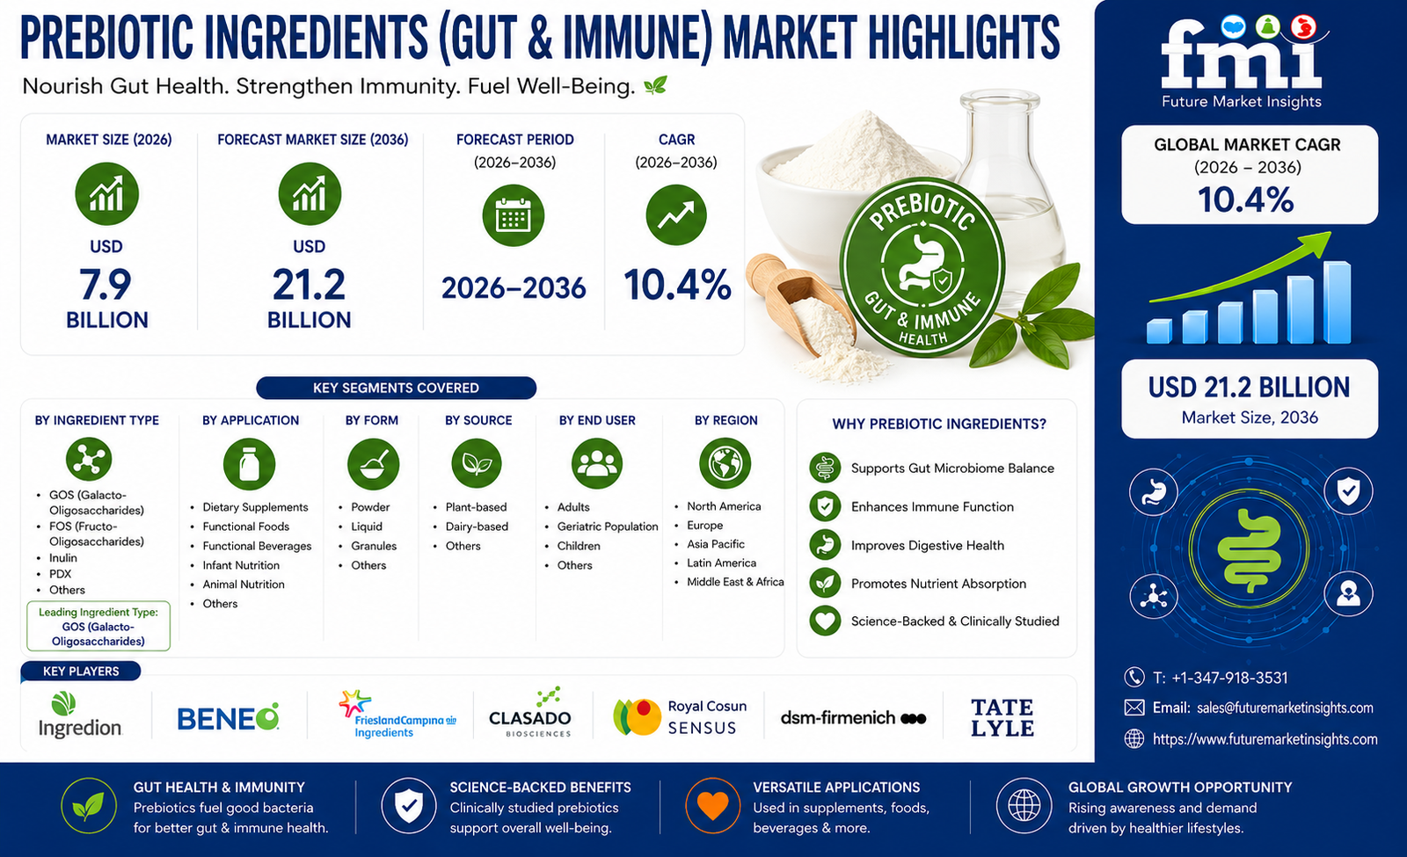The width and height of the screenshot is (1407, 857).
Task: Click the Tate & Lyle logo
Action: [1002, 717]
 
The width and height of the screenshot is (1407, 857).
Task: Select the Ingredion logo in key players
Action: [80, 715]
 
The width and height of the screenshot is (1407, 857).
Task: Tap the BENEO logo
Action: [228, 717]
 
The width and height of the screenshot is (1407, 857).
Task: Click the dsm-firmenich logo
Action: [853, 717]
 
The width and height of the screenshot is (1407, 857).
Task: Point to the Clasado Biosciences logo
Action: [530, 713]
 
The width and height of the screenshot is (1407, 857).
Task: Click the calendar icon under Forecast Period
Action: [514, 215]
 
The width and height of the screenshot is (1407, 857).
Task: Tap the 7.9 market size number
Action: [106, 285]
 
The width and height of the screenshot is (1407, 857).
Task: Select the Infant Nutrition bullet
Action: [241, 565]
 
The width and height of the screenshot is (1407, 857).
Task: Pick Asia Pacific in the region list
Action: [716, 544]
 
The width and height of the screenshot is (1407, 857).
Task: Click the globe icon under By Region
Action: [725, 463]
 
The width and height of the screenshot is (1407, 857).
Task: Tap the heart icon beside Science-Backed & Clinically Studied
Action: [825, 621]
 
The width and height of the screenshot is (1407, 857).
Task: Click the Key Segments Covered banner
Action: [397, 388]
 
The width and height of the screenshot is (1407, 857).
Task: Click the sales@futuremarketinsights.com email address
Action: [1285, 708]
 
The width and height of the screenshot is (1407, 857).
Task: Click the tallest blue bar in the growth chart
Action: [1337, 302]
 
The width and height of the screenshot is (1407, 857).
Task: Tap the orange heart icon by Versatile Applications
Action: [712, 805]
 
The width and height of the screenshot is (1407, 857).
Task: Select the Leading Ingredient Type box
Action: [98, 626]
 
